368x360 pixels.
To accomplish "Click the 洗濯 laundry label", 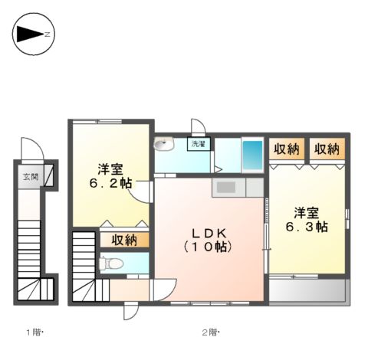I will point(199,143).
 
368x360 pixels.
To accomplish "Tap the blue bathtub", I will point(252,155).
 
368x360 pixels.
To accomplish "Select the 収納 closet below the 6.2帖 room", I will point(123,240).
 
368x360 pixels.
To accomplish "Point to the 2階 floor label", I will point(209,332).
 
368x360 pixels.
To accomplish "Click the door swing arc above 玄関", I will point(29,149).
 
